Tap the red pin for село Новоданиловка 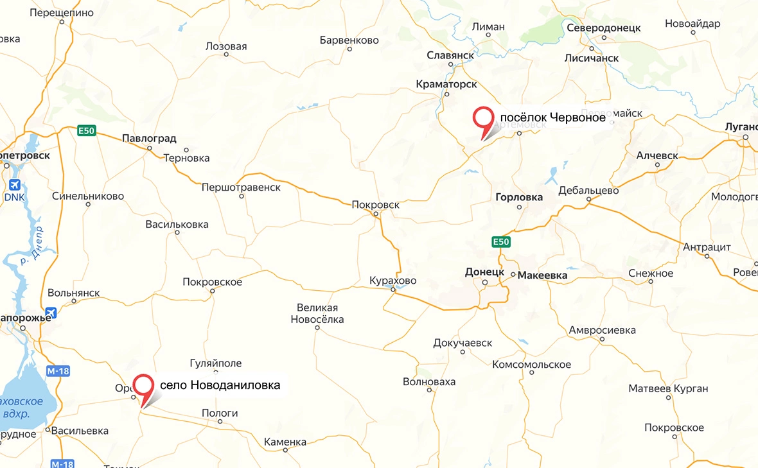point(143,386)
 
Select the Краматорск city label point(446,84)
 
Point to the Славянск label point(450,56)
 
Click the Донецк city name point(484,272)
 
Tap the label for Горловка point(519,197)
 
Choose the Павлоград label point(149,139)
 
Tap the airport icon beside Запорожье point(52,313)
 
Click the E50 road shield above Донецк point(501,242)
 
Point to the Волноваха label point(429,382)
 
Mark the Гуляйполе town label point(216,363)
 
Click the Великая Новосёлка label point(317,313)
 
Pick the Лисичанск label point(591,58)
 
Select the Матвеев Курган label point(668,388)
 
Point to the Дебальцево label point(588,191)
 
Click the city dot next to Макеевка point(513,274)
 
